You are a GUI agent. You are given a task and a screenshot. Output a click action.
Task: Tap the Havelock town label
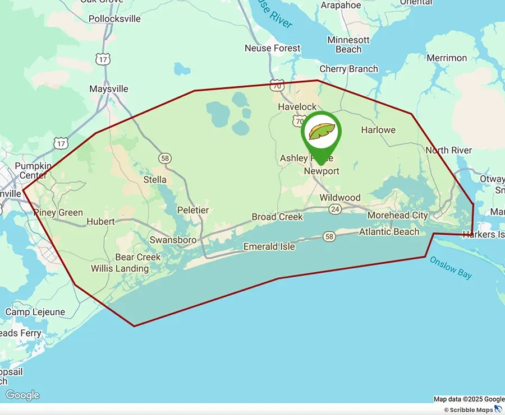coord(297,106)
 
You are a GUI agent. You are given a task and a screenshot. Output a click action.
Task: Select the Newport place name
coord(322,171)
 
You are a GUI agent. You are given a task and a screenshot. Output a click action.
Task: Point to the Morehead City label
coord(397,215)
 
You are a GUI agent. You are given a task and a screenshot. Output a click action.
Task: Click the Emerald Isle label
coord(269,246)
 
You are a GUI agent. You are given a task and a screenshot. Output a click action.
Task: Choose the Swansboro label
coord(173,240)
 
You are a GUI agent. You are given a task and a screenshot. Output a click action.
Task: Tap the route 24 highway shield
coord(336,209)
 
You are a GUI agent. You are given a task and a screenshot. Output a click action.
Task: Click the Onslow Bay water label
coord(451,268)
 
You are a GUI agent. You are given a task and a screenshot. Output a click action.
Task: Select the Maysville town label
coord(109,88)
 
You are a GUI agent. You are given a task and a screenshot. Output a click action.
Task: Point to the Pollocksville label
coord(114,18)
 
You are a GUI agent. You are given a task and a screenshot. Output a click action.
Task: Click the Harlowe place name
coord(378,130)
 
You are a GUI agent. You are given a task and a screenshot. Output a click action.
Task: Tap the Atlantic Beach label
coord(389,231)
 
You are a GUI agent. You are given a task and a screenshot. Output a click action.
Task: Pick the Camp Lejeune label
coord(35,312)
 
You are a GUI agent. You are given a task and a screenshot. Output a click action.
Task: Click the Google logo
coord(22,395)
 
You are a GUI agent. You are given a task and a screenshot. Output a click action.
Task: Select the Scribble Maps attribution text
coord(471,410)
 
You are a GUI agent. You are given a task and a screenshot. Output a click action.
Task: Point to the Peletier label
coord(192,210)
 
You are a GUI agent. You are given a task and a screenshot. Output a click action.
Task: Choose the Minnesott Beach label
coord(348,45)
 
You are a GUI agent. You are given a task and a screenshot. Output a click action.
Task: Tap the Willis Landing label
coord(120,268)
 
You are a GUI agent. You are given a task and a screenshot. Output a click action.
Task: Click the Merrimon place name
coord(447,58)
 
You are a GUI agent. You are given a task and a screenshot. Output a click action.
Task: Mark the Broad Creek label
coord(277,217)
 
